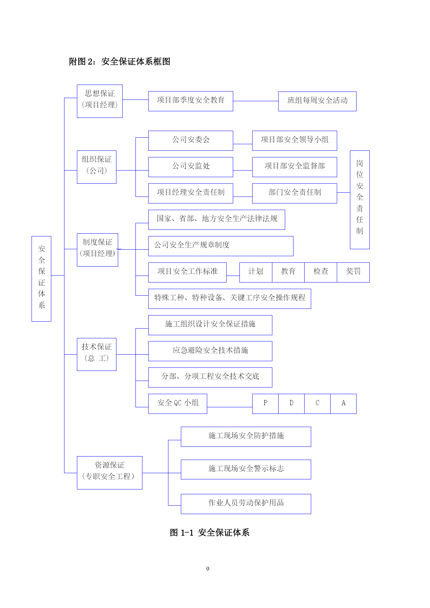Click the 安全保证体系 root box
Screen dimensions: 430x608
point(41,279)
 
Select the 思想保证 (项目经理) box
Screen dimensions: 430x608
point(100,101)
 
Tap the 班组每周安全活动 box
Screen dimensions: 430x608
point(317,101)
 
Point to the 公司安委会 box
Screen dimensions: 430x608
point(191,141)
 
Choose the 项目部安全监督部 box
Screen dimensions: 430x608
point(295,167)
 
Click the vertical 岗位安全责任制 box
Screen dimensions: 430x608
point(360,200)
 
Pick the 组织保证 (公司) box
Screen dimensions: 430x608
point(97,167)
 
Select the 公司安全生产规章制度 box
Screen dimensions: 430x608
point(221,246)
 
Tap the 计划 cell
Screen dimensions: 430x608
point(256,272)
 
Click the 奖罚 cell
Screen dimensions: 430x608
point(353,272)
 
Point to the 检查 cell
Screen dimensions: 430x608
point(321,272)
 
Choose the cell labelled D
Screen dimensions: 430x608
point(291,404)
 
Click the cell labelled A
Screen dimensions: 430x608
point(343,404)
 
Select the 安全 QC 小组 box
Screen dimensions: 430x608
point(178,404)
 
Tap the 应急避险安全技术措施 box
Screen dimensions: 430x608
point(210,351)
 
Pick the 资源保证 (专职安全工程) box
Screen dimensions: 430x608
point(109,473)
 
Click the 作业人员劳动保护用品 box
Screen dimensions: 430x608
point(246,504)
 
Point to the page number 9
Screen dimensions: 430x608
point(208,569)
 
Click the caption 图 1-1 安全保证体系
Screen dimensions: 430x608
point(210,532)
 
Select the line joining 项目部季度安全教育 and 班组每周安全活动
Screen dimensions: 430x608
point(256,101)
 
